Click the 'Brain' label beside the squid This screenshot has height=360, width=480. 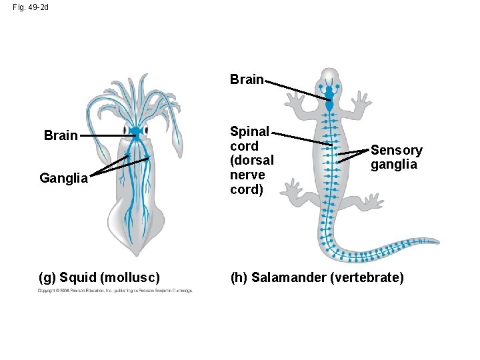tap(61, 136)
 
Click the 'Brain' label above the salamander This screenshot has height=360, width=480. tap(247, 80)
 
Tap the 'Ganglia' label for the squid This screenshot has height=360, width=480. tap(63, 179)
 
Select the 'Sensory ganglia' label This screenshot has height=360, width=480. tap(396, 157)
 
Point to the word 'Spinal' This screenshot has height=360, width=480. tap(249, 131)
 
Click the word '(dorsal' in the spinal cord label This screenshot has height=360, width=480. tap(251, 160)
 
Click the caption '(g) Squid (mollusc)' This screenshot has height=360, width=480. tap(99, 277)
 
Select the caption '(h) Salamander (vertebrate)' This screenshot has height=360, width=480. tap(317, 277)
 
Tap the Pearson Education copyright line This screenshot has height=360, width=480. tap(115, 291)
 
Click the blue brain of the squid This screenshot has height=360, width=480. tap(135, 131)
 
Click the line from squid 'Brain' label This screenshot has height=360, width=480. tap(110, 136)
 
